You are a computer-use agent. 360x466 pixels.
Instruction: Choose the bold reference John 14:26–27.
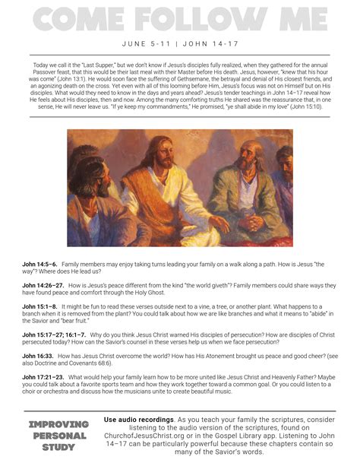pyautogui.click(x=43, y=284)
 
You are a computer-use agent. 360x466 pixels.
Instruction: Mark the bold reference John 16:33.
pyautogui.click(x=37, y=354)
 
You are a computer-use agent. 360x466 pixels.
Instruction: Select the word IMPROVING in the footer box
pyautogui.click(x=58, y=423)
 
